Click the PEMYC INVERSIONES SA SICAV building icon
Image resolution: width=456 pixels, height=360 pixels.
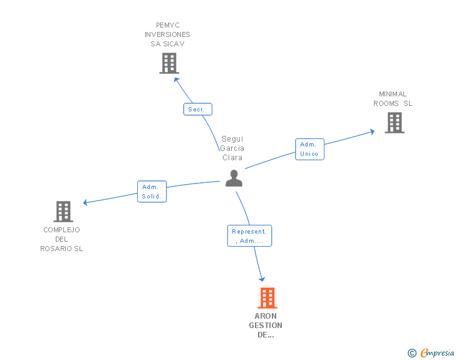coord(169,63)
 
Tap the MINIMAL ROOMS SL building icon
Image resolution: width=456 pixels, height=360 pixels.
coord(395,123)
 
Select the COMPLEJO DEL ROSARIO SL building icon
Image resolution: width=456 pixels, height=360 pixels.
coord(63,212)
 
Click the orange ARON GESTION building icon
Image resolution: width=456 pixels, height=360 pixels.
coord(267,298)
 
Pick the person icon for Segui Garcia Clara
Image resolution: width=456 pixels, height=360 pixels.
coord(234,178)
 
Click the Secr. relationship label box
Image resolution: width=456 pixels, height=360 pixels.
coord(197,109)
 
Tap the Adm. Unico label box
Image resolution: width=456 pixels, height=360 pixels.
coord(309,149)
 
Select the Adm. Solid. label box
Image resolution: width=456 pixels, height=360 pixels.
coord(152,192)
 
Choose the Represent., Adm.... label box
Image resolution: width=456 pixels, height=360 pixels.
coord(249,236)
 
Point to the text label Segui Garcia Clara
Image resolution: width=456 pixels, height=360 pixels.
coord(232,148)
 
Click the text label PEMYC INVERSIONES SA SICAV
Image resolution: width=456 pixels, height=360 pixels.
coord(167,34)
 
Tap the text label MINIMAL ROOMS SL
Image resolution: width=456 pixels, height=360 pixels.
coord(393,99)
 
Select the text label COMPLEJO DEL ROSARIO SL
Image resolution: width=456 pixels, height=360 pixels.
coord(61,239)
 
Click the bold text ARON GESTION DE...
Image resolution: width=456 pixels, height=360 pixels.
coord(266,326)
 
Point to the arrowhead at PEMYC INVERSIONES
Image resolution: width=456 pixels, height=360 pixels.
coord(177,79)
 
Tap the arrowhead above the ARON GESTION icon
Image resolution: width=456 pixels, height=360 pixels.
coord(262,279)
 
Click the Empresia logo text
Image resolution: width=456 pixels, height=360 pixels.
coord(437,353)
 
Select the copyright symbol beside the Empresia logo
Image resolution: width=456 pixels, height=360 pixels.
coord(412,353)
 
